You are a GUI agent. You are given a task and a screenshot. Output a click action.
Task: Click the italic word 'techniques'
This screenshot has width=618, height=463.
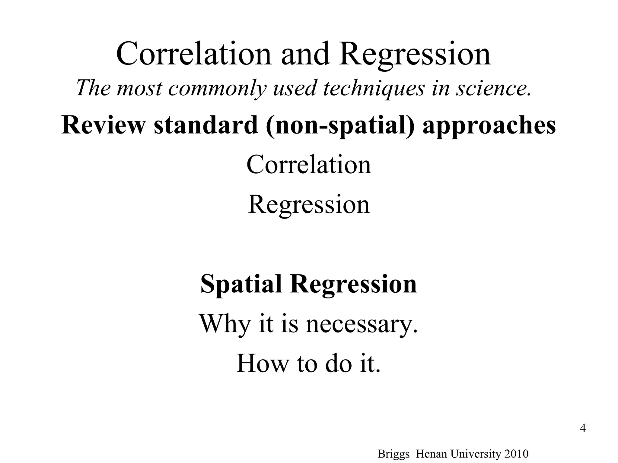(374, 88)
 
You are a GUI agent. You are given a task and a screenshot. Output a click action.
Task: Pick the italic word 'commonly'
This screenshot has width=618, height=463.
(217, 88)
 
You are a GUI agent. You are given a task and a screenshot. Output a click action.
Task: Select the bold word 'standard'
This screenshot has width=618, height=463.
(206, 125)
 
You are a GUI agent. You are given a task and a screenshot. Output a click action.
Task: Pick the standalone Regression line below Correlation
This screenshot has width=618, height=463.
(309, 205)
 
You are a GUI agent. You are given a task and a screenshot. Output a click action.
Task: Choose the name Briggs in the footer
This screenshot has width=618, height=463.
(393, 454)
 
